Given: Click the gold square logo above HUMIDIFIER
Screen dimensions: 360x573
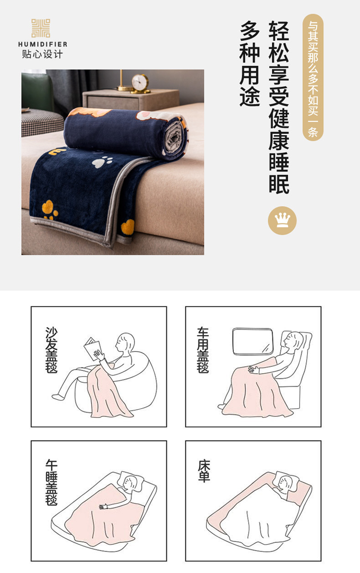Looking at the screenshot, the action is tap(40, 28).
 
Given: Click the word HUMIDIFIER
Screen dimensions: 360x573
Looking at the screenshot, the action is tap(43, 44).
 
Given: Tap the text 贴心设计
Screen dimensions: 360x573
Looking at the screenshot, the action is tap(42, 54).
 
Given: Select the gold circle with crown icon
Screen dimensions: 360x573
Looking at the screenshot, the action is tap(282, 220).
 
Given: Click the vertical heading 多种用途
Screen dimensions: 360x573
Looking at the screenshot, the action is tap(250, 63).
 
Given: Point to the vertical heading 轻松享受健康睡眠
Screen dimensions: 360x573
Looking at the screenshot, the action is tap(279, 107).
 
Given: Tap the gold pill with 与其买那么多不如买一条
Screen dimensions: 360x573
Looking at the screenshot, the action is tap(313, 77).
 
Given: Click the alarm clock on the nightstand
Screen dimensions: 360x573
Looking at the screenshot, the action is tap(141, 83).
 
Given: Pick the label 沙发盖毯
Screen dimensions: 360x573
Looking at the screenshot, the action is tap(51, 350).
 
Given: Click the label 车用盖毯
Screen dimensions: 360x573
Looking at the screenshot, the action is tap(203, 350).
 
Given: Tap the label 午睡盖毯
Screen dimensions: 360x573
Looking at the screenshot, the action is tap(51, 482).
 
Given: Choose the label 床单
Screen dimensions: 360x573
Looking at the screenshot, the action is tap(204, 471).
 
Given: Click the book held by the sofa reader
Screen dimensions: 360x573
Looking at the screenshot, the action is tap(93, 349).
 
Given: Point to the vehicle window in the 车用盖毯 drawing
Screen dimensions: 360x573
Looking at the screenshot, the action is tap(252, 341).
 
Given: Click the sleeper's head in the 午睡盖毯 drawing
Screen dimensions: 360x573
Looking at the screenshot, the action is tap(129, 484).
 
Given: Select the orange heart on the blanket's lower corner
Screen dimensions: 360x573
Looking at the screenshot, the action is tap(128, 227).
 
